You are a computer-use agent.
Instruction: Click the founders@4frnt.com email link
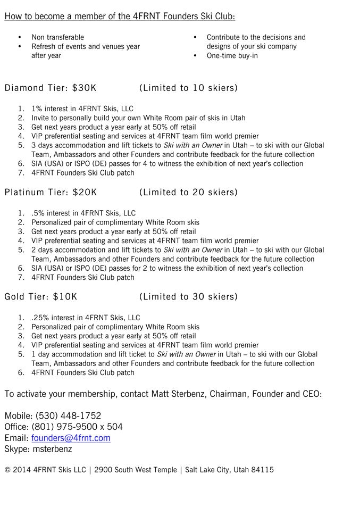[x=71, y=438]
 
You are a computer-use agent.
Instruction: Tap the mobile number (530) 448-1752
[x=68, y=415]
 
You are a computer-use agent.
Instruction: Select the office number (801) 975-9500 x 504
[x=77, y=427]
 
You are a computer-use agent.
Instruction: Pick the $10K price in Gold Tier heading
[x=65, y=296]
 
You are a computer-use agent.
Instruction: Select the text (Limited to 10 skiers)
[x=188, y=88]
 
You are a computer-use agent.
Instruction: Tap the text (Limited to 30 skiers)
[x=188, y=296]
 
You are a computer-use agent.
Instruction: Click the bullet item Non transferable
[x=57, y=37]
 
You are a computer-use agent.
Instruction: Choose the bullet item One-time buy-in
[x=232, y=55]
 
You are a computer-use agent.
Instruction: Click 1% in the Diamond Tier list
[x=37, y=109]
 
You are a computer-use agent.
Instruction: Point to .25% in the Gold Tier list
[x=40, y=318]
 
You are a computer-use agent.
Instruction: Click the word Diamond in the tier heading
[x=24, y=88]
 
